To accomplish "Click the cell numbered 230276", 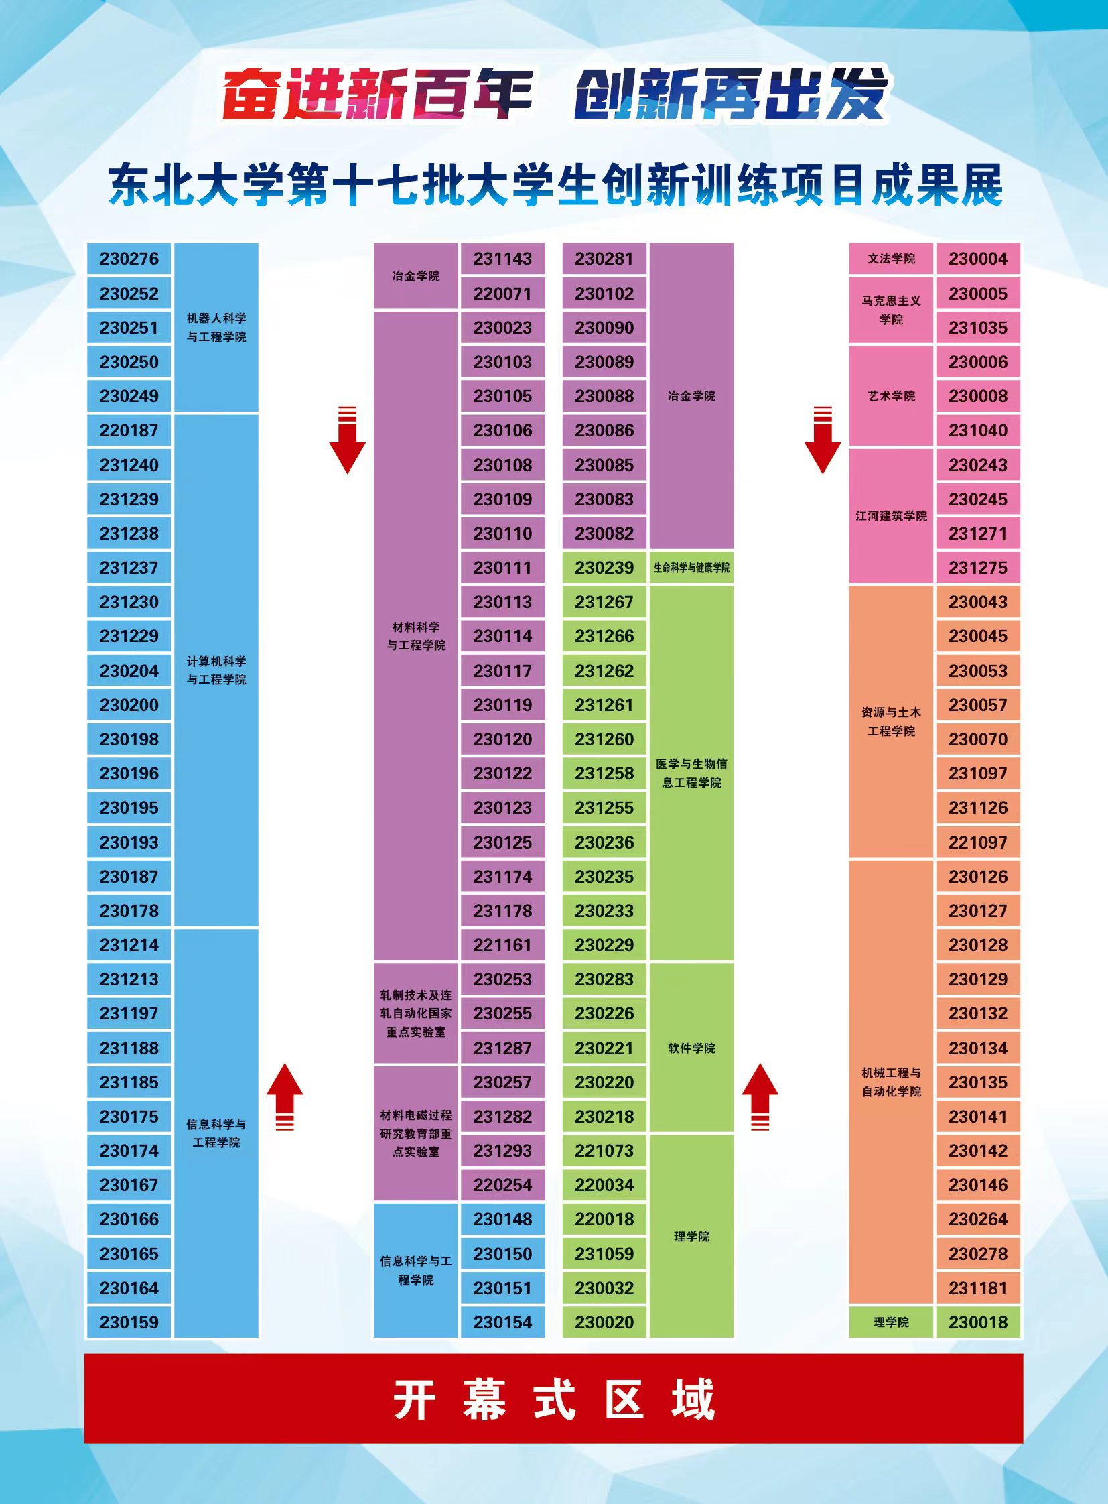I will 129,259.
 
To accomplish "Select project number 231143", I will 502,259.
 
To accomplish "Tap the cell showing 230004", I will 977,259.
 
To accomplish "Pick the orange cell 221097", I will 977,842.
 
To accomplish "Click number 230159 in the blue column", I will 129,1322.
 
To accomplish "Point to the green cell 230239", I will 604,568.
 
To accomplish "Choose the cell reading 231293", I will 502,1150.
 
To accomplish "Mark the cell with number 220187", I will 129,430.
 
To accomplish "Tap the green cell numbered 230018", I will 977,1322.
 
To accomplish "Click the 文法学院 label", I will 891,259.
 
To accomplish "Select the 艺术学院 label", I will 891,396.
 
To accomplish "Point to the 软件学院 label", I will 691,1048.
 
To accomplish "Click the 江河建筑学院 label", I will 891,516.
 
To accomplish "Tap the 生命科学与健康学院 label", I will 691,568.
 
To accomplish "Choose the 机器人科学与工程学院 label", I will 216,328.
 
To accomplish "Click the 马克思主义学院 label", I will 891,310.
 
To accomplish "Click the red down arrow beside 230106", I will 347,441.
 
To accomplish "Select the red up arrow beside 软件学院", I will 759,1095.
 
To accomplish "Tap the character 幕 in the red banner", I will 484,1400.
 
